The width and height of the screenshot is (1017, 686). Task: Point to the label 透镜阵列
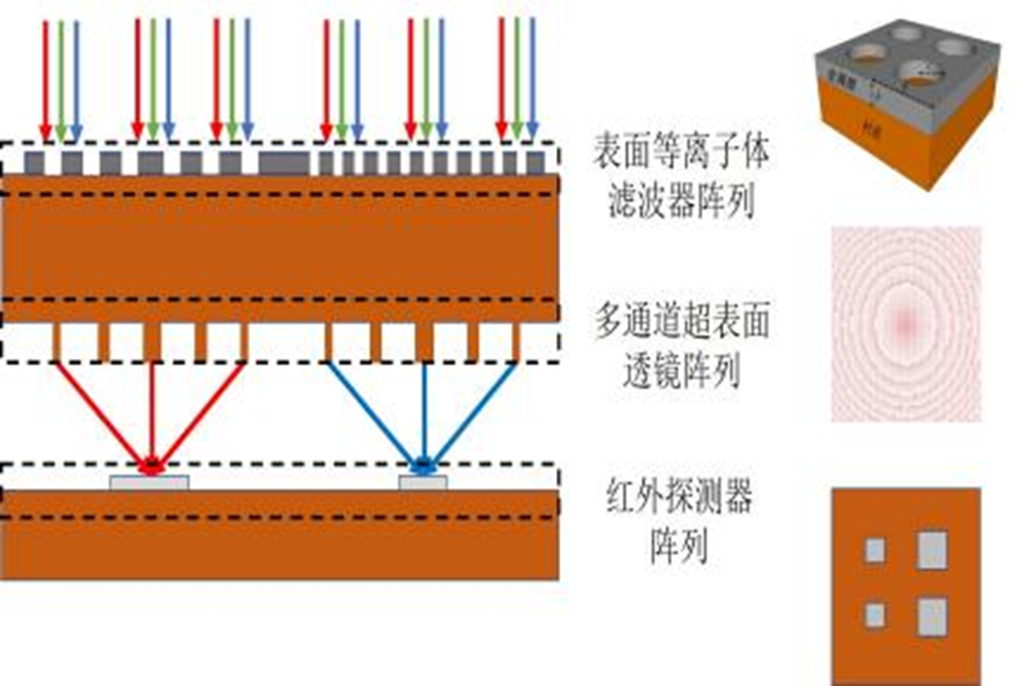681,372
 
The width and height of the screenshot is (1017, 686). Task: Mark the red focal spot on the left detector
150,466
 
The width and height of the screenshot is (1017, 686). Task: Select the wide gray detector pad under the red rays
150,483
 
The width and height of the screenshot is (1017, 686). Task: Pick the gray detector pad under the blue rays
423,483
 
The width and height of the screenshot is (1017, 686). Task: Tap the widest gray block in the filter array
284,163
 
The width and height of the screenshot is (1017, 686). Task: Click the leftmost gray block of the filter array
35,163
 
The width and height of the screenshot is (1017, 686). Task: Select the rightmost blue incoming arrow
532,76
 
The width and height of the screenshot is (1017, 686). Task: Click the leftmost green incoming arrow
61,76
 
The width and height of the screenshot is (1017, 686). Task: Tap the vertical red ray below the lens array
152,410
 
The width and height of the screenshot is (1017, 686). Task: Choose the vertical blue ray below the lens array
424,410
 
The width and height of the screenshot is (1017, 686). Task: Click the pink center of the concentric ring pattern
906,322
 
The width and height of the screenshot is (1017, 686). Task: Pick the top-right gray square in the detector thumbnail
932,550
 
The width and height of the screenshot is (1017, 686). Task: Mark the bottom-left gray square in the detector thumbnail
875,615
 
